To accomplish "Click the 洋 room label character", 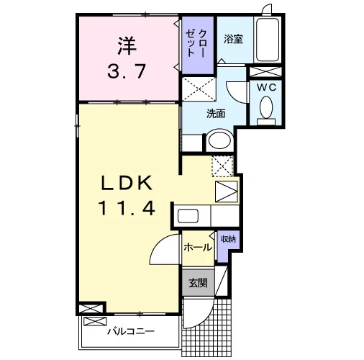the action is pyautogui.click(x=127, y=45).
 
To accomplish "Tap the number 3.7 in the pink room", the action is pyautogui.click(x=127, y=71).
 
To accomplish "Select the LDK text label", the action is pyautogui.click(x=127, y=183).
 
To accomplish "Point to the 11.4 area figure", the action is pyautogui.click(x=127, y=208).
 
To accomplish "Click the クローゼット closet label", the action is pyautogui.click(x=196, y=43).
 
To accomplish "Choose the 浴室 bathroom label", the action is pyautogui.click(x=234, y=39).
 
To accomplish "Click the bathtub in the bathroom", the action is pyautogui.click(x=268, y=40).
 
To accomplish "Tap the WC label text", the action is pyautogui.click(x=267, y=87).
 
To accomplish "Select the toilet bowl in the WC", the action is pyautogui.click(x=266, y=107).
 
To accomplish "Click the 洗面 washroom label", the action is pyautogui.click(x=216, y=114).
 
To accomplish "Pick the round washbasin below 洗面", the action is pyautogui.click(x=219, y=140).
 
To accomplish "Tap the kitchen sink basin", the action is pyautogui.click(x=188, y=216).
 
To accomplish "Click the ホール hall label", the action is pyautogui.click(x=198, y=247).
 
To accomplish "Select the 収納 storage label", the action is pyautogui.click(x=229, y=239).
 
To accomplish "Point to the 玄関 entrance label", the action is pyautogui.click(x=198, y=283).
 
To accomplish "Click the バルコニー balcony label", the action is pyautogui.click(x=131, y=332).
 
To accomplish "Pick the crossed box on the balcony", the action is pyautogui.click(x=95, y=321).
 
